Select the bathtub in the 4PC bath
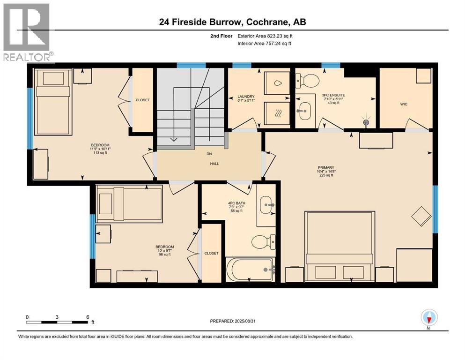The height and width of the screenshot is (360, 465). click(x=249, y=270)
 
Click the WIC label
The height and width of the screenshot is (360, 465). click(x=404, y=104)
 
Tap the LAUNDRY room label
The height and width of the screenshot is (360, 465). click(x=246, y=97)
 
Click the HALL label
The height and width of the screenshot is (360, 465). click(x=214, y=164)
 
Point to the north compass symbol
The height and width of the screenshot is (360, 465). click(x=428, y=318)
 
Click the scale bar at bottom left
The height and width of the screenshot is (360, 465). click(x=57, y=322)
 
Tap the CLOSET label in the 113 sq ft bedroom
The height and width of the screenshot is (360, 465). click(x=142, y=100)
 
